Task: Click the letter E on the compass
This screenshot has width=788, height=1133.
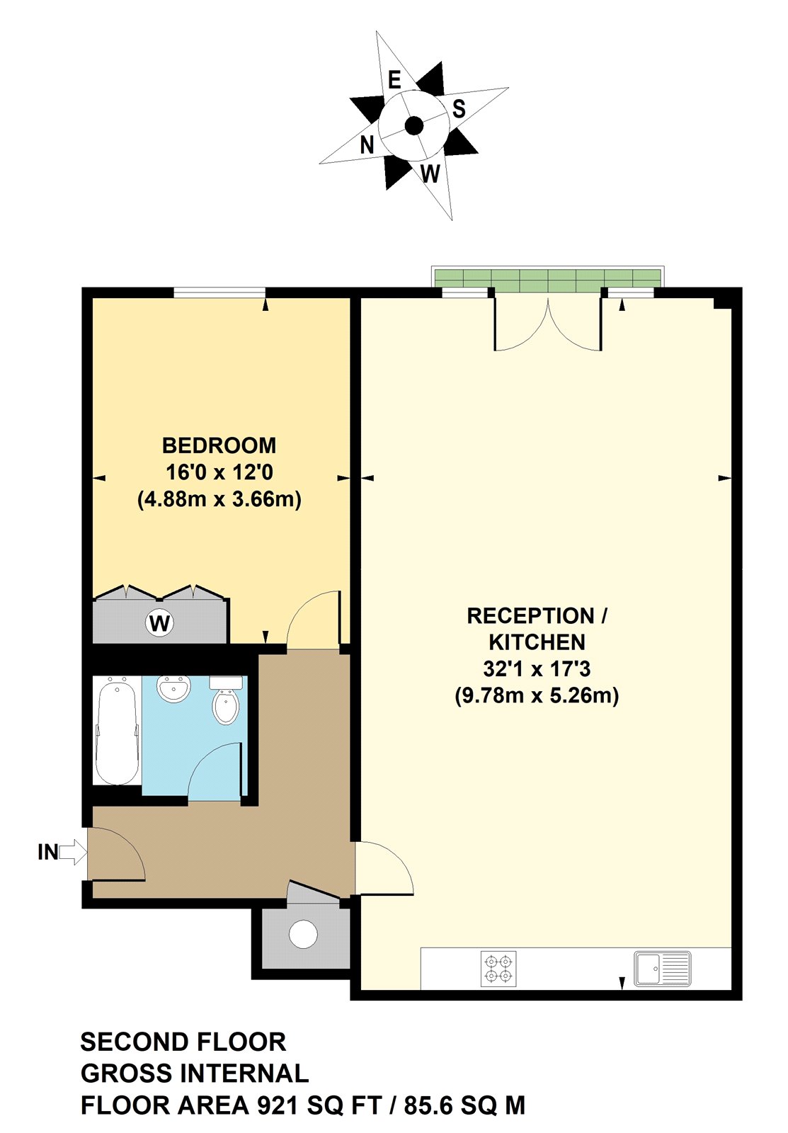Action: coord(394,79)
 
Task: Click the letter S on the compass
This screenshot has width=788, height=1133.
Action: coord(459,109)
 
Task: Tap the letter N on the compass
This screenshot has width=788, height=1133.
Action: coord(366,145)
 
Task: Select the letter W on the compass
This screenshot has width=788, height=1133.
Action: coord(430,173)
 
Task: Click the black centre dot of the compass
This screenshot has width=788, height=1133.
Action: coord(414,126)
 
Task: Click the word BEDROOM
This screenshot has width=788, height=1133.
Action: coord(219,445)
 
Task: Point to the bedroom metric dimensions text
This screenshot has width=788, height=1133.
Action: coord(219,499)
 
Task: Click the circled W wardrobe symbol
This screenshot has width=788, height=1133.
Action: coord(160,623)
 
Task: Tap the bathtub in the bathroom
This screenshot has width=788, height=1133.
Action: coord(117,731)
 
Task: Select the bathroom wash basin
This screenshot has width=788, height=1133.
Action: coord(173,689)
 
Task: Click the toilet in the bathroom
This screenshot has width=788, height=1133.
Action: coord(226,702)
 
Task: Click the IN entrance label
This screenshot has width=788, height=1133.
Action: coord(47,852)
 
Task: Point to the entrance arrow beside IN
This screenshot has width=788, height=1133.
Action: coord(70,852)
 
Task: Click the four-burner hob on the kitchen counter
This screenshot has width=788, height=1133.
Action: coord(498,969)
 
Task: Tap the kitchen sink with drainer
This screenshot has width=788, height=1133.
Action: coord(662,968)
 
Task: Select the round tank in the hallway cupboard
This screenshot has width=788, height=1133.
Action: coord(304,934)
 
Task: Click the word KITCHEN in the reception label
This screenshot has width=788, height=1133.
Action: coord(537,642)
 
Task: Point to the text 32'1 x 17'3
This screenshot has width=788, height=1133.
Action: coord(537,668)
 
